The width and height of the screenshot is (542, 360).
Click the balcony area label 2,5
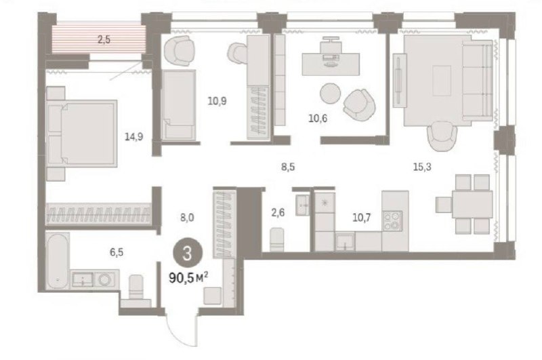tap(104, 40)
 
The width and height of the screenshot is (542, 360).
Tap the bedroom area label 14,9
tap(134, 137)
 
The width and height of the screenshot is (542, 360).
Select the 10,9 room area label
tap(217, 101)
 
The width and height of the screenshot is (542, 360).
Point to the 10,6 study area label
tap(318, 119)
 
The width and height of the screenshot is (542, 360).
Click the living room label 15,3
tap(422, 167)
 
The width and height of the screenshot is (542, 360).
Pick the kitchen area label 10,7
tap(362, 218)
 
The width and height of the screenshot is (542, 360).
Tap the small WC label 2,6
tap(278, 212)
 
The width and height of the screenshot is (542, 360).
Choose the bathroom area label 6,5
tap(117, 252)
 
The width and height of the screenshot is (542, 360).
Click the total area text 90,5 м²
tap(188, 277)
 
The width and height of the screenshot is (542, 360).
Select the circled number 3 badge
tap(188, 254)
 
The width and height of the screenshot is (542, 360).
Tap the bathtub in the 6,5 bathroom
tap(58, 261)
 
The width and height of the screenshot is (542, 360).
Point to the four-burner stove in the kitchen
tap(392, 221)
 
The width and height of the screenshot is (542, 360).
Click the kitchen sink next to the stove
tap(345, 241)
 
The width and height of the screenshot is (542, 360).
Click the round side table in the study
tap(331, 93)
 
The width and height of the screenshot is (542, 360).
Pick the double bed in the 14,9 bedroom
tap(82, 134)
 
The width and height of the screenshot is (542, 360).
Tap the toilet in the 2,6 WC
tap(277, 239)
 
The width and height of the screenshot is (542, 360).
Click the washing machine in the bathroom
tap(104, 279)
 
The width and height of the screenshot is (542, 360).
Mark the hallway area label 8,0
tap(187, 218)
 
